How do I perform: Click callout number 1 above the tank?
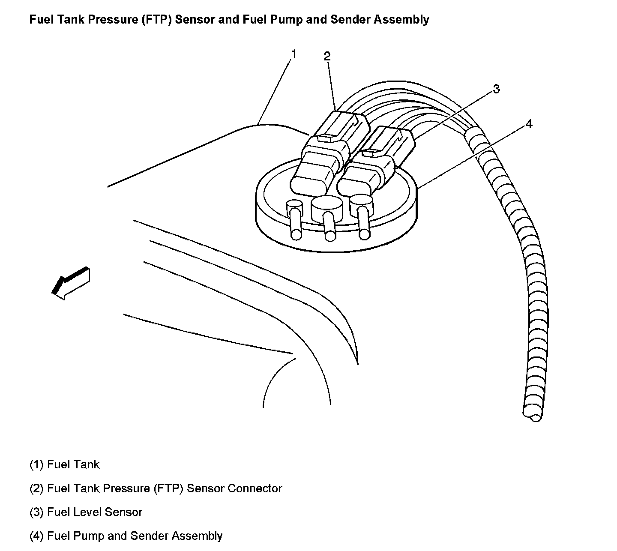tap(294, 54)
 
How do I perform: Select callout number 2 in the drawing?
tap(327, 56)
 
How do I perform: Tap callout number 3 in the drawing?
tap(496, 89)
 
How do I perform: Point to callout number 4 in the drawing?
tap(529, 124)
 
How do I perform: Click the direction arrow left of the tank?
tap(70, 282)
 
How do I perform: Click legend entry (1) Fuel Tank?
tap(64, 464)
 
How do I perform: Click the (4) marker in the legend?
tap(36, 536)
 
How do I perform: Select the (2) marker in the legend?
tap(36, 488)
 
